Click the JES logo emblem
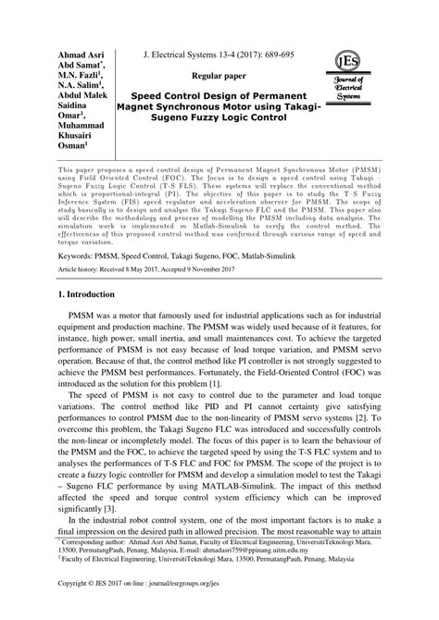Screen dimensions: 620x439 coord(353,62)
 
